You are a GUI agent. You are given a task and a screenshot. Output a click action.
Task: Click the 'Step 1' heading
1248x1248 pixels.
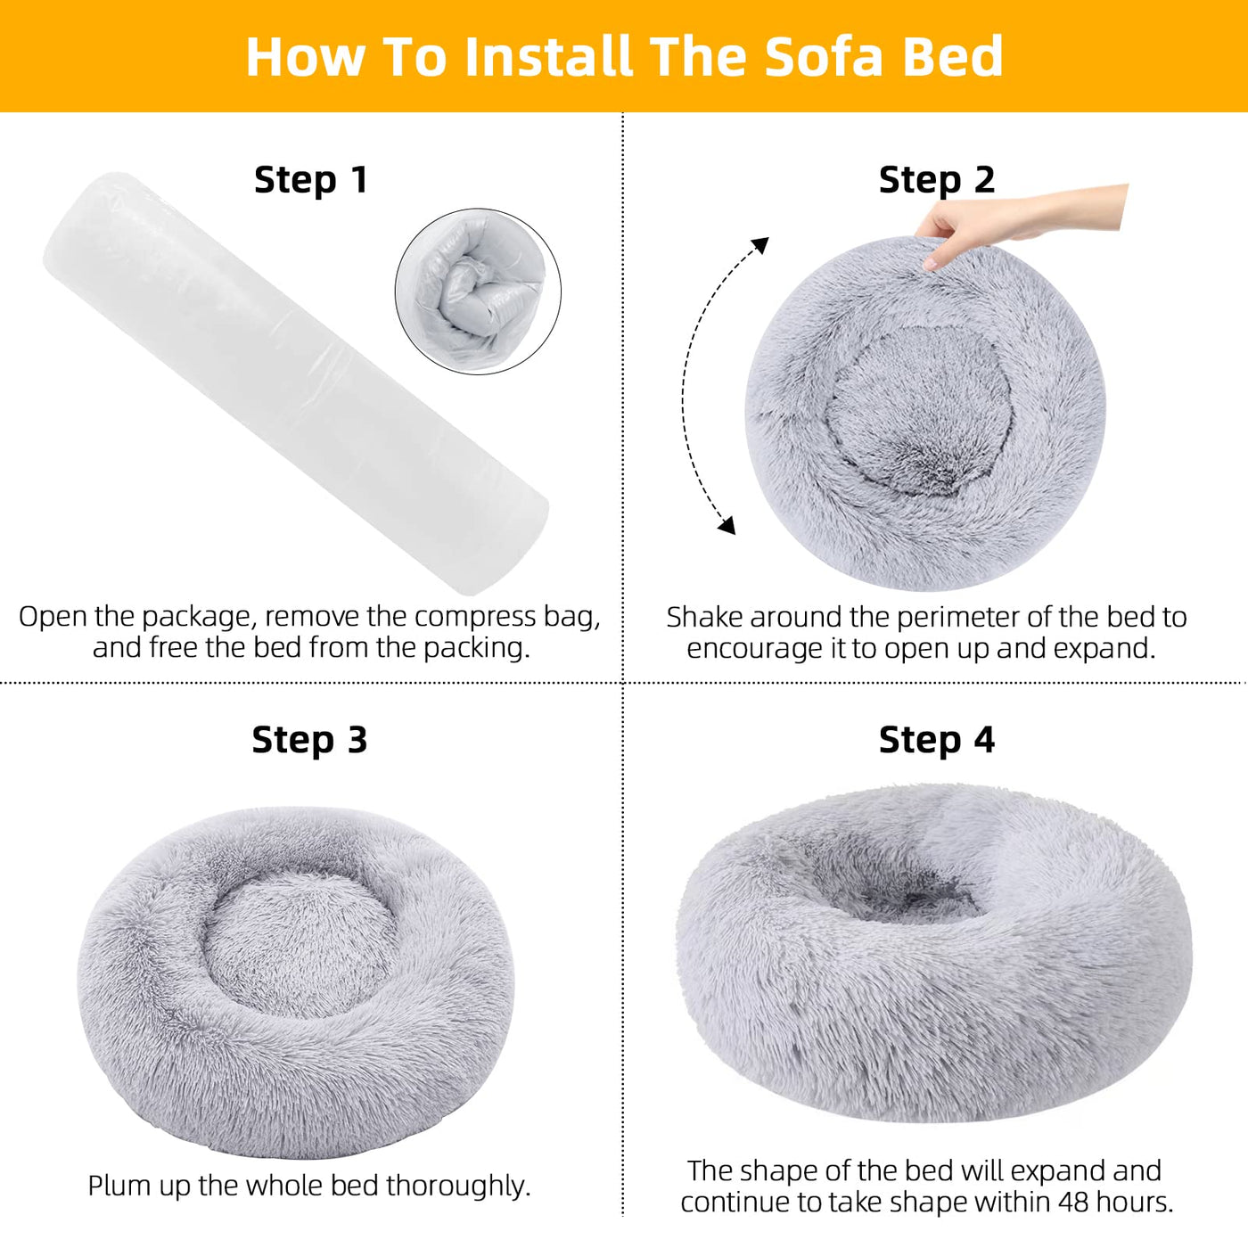pyautogui.click(x=310, y=180)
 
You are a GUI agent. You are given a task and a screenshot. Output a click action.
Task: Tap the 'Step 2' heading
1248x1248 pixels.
pyautogui.click(x=936, y=180)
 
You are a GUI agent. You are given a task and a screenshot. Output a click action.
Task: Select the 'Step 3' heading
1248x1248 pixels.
pyautogui.click(x=309, y=740)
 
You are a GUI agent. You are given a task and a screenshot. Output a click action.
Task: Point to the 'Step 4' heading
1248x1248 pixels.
pyautogui.click(x=936, y=740)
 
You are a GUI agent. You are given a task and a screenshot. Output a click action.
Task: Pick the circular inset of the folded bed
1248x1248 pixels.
pyautogui.click(x=478, y=291)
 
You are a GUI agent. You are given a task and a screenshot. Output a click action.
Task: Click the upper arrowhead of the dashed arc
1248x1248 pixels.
pyautogui.click(x=759, y=244)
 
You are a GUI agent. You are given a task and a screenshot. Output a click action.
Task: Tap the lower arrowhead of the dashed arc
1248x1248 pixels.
pyautogui.click(x=727, y=526)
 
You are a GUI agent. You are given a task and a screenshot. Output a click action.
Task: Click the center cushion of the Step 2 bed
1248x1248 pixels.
pyautogui.click(x=918, y=410)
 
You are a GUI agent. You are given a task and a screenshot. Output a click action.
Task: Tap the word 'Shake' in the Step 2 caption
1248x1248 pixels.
pyautogui.click(x=704, y=617)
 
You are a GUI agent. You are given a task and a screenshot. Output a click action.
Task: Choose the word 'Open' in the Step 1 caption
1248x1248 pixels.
pyautogui.click(x=53, y=617)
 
